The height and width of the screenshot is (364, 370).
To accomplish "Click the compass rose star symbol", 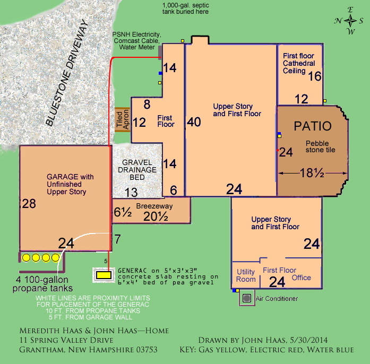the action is coord(350,21).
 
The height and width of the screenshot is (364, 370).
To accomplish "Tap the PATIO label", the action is coord(313,126).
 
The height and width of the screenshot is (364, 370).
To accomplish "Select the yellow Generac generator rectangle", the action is coord(104,275).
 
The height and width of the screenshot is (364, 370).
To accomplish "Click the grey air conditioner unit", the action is coord(247,298).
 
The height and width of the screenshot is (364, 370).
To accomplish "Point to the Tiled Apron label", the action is coord(123,119).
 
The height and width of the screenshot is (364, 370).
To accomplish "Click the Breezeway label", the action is coord(154,206).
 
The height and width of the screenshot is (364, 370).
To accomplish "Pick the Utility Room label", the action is coord(246,275).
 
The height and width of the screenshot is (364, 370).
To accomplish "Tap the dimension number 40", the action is coord(194,122).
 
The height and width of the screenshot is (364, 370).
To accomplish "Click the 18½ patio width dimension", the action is coord(312,172).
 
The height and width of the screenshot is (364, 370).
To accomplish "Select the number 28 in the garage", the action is coord(29,204).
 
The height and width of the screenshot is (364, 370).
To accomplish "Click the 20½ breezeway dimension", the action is coord(156,216).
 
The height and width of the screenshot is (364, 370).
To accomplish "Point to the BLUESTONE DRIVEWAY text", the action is coord(67,73).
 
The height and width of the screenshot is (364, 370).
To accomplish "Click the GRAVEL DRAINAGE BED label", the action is coord(137,170).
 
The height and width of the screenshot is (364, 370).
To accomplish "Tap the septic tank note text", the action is coord(185,8).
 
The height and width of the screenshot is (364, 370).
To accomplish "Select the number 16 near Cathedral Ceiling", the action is coord(315,76).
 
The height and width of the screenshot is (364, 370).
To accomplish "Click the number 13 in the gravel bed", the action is coord(131,192).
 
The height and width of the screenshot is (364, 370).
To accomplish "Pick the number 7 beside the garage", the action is coord(117,239).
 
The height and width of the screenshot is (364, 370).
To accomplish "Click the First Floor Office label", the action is coord(287,274).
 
